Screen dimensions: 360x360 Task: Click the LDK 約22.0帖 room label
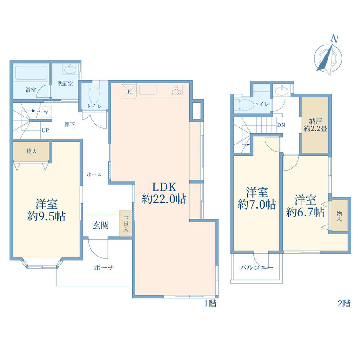[x=164, y=193]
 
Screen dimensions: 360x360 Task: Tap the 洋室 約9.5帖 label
[x=46, y=210]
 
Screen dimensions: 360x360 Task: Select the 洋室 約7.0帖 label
[x=257, y=198]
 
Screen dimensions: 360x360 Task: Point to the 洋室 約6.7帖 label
[x=305, y=206]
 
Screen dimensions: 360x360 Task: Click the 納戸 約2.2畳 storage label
[x=315, y=125]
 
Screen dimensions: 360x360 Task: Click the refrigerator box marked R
[x=129, y=91]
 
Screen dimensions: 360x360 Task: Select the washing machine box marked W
[x=46, y=112]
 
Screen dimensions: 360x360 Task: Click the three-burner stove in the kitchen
[x=176, y=90]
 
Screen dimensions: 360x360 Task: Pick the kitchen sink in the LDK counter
[x=148, y=90]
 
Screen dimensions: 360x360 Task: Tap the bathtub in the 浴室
[x=31, y=72]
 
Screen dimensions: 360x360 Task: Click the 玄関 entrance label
[x=100, y=225]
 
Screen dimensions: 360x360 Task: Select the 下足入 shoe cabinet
[x=126, y=223]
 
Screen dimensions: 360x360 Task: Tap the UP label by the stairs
[x=45, y=130]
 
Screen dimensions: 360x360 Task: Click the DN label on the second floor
[x=281, y=125]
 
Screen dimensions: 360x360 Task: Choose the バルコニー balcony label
[x=256, y=267]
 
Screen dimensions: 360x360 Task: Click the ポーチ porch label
[x=104, y=267]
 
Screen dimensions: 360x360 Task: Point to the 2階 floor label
[x=344, y=303]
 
